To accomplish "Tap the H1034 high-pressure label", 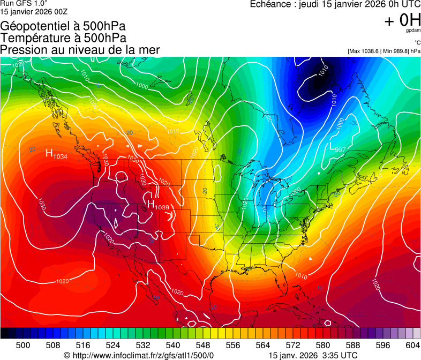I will pos(56,155).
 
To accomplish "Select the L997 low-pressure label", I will pos(337,148).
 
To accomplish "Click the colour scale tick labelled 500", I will pos(22,345).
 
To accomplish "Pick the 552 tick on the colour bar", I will pos(218,345).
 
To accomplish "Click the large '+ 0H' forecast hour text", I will pos(402,20).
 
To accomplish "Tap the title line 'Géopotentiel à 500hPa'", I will pos(62,26).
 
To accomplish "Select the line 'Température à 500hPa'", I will pos(63,38).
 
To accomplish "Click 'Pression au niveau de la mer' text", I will pos(80,50).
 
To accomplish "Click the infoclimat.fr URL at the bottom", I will pos(139,355).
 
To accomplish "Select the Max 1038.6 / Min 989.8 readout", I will pos(384,51).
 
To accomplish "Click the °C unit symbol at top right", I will pos(417,42).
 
